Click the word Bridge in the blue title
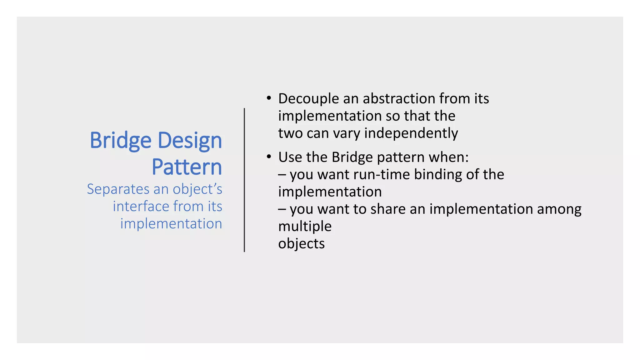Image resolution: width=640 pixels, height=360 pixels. (120, 141)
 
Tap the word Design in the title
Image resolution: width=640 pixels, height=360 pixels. (190, 141)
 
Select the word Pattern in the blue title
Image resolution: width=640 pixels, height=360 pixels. (187, 167)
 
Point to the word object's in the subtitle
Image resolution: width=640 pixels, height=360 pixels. (197, 189)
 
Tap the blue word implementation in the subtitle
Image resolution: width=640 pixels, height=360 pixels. (171, 224)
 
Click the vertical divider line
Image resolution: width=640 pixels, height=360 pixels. (244, 180)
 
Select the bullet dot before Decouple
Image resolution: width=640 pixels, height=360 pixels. (268, 98)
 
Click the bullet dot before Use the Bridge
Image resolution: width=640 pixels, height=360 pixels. (268, 157)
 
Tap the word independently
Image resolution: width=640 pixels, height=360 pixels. (411, 133)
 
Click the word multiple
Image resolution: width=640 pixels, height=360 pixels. (305, 227)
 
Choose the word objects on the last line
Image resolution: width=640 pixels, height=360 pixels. (301, 244)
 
